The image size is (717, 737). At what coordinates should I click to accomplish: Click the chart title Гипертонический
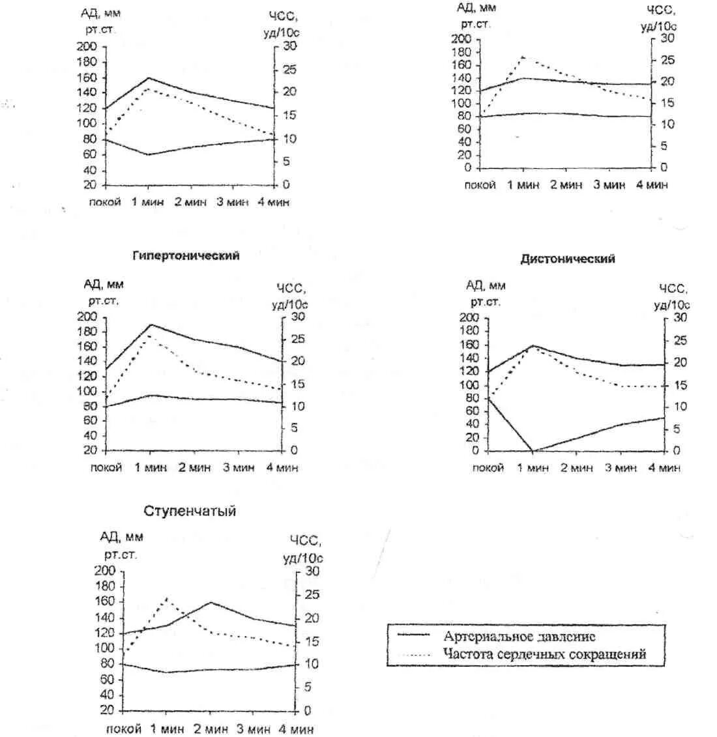(x=186, y=256)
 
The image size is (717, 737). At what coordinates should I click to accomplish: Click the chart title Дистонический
(x=567, y=259)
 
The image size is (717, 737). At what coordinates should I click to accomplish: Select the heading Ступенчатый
(x=190, y=512)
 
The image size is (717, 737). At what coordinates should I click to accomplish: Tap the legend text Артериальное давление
(x=519, y=637)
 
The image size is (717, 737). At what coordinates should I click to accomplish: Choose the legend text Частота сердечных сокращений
(x=544, y=654)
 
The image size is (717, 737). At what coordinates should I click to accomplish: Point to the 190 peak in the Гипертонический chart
(x=151, y=325)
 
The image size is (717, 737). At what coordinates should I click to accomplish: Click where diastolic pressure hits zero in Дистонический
(x=533, y=450)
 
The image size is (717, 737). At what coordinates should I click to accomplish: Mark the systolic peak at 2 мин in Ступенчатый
(x=210, y=602)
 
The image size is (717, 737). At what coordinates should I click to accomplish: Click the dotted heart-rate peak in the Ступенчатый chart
(x=167, y=597)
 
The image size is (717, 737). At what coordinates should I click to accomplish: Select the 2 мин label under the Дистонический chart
(x=578, y=468)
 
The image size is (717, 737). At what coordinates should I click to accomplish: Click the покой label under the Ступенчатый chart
(x=123, y=729)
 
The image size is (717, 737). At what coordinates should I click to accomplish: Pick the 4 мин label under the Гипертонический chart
(x=282, y=468)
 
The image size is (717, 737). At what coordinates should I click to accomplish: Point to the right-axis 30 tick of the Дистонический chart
(x=679, y=317)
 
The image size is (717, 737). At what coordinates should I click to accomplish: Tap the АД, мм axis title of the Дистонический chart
(x=486, y=285)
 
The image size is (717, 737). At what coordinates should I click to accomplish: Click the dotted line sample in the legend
(x=413, y=654)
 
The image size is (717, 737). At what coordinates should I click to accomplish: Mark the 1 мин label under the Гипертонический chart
(x=151, y=468)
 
